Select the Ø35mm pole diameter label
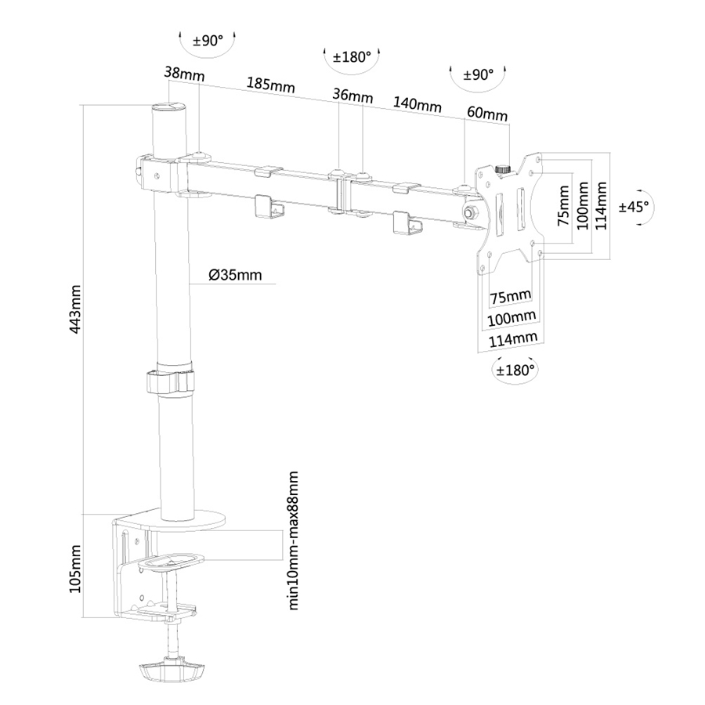(x=235, y=275)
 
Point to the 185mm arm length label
(x=266, y=84)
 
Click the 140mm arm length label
(x=417, y=105)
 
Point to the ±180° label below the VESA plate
(x=515, y=369)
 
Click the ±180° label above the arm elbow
(x=352, y=57)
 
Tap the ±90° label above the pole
(x=207, y=42)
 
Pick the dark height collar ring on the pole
(x=169, y=381)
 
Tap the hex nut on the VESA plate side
(x=471, y=212)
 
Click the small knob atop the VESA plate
(x=501, y=168)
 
